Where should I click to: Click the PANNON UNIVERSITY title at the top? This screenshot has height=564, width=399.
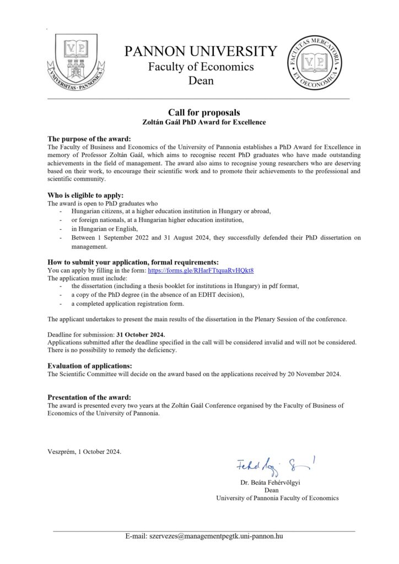tap(201, 52)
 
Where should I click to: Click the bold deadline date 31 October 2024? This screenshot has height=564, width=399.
tap(141, 334)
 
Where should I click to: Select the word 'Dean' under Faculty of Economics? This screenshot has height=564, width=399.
tap(201, 82)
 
